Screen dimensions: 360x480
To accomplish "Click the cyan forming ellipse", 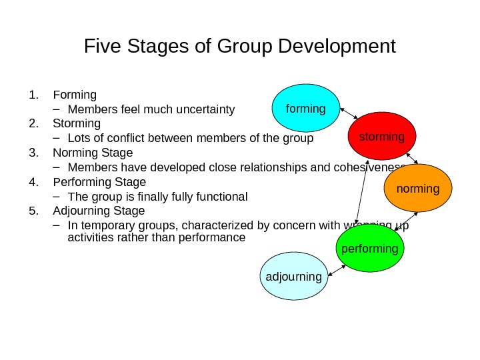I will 306,108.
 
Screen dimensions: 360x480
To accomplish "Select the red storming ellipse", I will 382,137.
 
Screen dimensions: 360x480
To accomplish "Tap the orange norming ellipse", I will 418,189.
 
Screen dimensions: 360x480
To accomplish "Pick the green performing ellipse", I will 370,249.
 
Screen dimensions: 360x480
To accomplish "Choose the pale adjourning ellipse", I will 294,276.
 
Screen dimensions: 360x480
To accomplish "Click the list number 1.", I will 33,95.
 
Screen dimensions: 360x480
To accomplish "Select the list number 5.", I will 33,211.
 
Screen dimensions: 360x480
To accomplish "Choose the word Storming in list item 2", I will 77,124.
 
